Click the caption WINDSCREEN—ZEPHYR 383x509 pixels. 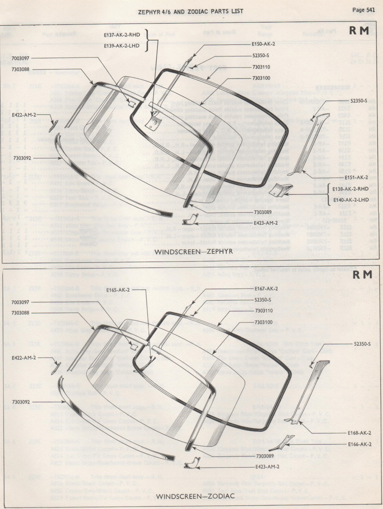point(193,251)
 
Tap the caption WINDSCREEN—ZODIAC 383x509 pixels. point(195,496)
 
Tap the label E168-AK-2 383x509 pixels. point(360,432)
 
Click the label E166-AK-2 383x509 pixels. point(360,444)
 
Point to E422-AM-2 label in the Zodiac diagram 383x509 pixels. point(24,358)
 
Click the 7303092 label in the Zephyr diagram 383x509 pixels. point(22,158)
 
